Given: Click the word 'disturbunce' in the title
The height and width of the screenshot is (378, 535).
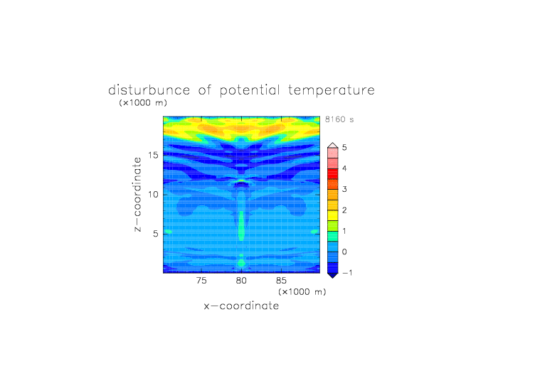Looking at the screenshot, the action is (x=149, y=90).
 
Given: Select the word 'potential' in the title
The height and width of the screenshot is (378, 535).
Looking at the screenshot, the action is (x=250, y=91).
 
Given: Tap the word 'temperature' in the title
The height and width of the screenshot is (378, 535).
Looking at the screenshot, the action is (x=332, y=91).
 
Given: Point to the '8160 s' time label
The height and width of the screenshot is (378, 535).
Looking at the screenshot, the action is (x=339, y=119).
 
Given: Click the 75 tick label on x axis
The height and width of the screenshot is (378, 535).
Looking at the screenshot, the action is (x=201, y=281).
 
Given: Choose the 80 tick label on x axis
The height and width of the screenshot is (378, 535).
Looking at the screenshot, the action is (x=241, y=281).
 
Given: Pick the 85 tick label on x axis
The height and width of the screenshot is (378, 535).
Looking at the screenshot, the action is (x=281, y=281).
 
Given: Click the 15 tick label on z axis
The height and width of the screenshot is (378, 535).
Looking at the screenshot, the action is (x=154, y=155).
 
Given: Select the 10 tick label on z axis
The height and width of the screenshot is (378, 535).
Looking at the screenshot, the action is (x=154, y=195).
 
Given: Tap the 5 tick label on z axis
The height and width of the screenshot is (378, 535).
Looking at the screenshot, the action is (x=156, y=234).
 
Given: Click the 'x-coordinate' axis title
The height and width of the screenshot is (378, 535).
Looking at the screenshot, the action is (x=241, y=306).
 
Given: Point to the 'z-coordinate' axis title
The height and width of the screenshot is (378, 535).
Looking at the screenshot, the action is (x=137, y=195).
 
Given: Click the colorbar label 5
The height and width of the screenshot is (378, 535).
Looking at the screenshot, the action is (x=344, y=148).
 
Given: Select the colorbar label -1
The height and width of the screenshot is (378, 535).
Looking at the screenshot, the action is (x=347, y=273).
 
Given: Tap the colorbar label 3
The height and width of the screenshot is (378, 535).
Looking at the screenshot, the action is (x=344, y=189).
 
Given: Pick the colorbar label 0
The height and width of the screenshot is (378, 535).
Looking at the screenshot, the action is (x=344, y=252).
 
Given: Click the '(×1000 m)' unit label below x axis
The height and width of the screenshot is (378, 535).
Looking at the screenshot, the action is (x=302, y=292).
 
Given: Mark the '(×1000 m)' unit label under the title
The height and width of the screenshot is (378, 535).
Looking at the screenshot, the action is (x=143, y=103).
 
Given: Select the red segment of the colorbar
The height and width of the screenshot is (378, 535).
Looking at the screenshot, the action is (x=333, y=174).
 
